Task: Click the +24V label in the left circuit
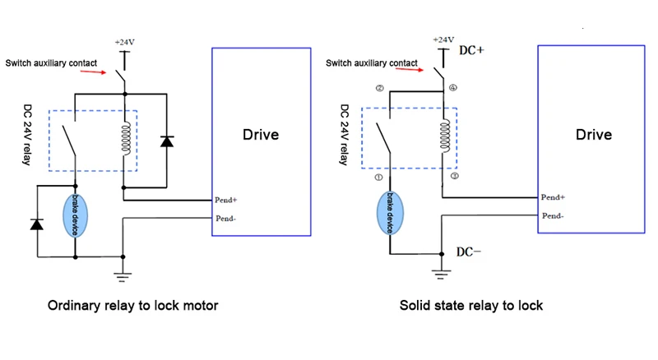124,39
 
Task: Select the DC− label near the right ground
468,252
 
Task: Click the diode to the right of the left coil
168,141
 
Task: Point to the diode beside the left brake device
36,223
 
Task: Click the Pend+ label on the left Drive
225,200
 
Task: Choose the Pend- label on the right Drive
552,215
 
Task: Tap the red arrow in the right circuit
421,71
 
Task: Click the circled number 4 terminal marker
454,88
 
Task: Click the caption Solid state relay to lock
471,306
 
